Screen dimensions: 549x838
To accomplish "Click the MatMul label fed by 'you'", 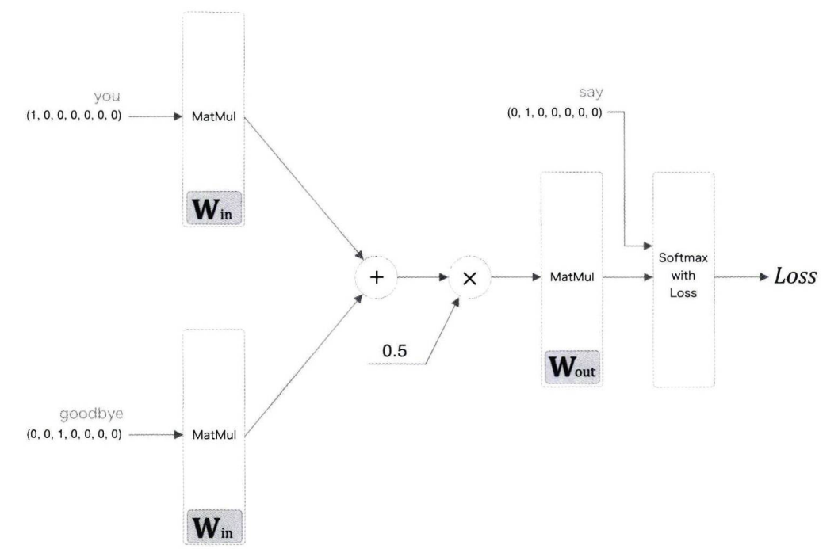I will tap(213, 117).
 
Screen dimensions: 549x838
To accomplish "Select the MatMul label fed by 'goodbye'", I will tap(213, 435).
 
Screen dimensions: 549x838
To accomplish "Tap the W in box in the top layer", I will tap(213, 208).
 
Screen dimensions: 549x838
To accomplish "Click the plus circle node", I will tap(377, 279).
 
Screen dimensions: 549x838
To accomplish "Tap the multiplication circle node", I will tap(469, 279).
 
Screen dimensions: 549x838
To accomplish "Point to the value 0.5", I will tap(394, 349).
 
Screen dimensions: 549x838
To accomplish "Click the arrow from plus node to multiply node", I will tap(422, 279).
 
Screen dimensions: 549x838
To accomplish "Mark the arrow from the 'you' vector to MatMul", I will tap(155, 116).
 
